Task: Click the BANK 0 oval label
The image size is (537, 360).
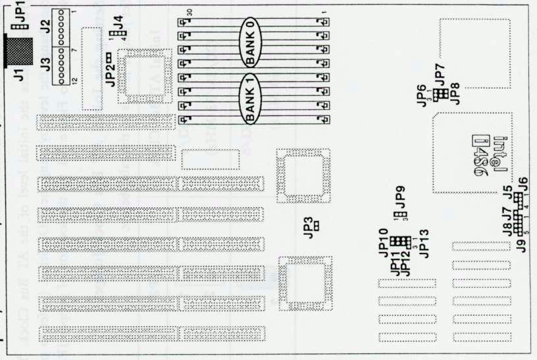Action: pyautogui.click(x=252, y=40)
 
